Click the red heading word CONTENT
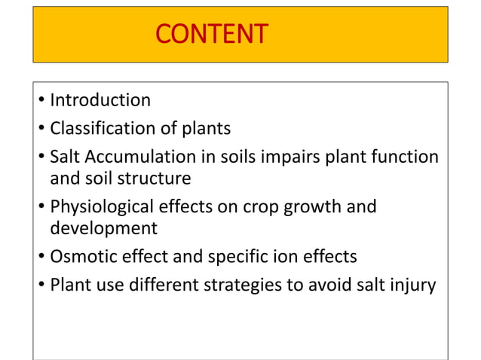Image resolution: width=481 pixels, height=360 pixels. point(210,34)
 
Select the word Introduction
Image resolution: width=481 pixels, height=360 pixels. point(100,100)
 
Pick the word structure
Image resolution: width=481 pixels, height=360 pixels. point(155,178)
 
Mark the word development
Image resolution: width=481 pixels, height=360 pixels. point(103,228)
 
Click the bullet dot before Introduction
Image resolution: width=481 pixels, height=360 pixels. point(41,101)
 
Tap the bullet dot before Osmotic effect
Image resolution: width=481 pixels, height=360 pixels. point(41,258)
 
